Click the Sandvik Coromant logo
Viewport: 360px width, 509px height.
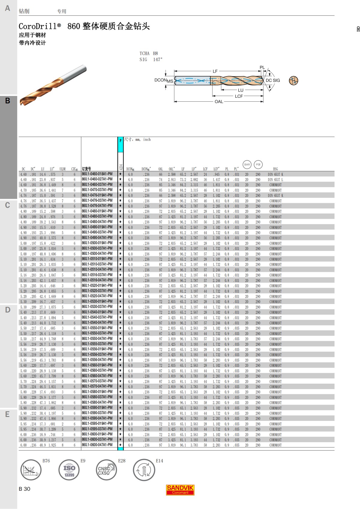(x=180, y=490)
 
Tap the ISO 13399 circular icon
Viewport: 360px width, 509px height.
(x=69, y=470)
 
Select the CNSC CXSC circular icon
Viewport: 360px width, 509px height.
(x=106, y=470)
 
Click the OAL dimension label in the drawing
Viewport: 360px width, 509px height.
(x=219, y=102)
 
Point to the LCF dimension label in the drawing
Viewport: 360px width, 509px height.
(x=239, y=96)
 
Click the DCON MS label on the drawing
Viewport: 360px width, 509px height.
(x=163, y=80)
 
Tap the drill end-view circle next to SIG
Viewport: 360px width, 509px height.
(x=293, y=80)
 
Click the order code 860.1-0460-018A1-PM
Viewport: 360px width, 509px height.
(x=97, y=174)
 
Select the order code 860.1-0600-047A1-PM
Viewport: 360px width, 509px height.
(x=97, y=445)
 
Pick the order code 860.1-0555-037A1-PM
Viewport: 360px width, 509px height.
(x=97, y=344)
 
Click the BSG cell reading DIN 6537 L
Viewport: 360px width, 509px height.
(x=275, y=180)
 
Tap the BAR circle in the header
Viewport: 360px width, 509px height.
(x=247, y=164)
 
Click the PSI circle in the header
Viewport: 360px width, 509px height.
(x=258, y=164)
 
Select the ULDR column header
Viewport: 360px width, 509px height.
(x=62, y=169)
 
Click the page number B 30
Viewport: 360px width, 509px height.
(x=25, y=489)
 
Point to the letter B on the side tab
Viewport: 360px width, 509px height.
(x=8, y=101)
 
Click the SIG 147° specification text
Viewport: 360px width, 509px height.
(x=151, y=60)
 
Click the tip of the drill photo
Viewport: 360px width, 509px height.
(x=21, y=104)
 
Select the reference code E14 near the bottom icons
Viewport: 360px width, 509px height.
(x=159, y=461)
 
